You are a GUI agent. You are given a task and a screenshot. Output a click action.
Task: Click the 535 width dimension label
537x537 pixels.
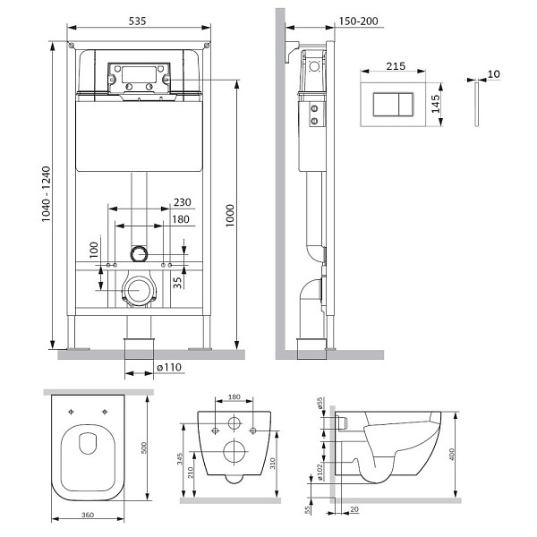137,21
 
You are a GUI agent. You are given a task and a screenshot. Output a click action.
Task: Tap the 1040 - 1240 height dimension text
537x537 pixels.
46,194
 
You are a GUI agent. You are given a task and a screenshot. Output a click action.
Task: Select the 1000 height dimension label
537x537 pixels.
230,216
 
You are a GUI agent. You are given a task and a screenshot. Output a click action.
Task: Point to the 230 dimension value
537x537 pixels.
183,202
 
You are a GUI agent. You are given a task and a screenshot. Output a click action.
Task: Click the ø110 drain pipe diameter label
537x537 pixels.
169,368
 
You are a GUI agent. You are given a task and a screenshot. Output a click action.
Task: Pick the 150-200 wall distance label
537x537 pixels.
358,21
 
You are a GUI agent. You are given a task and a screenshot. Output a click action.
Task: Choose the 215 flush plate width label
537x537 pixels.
396,65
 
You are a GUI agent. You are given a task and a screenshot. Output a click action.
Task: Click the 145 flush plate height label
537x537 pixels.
435,104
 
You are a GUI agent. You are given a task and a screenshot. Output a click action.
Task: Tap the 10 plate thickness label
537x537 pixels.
493,73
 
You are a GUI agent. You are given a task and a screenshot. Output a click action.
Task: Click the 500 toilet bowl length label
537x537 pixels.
144,448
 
